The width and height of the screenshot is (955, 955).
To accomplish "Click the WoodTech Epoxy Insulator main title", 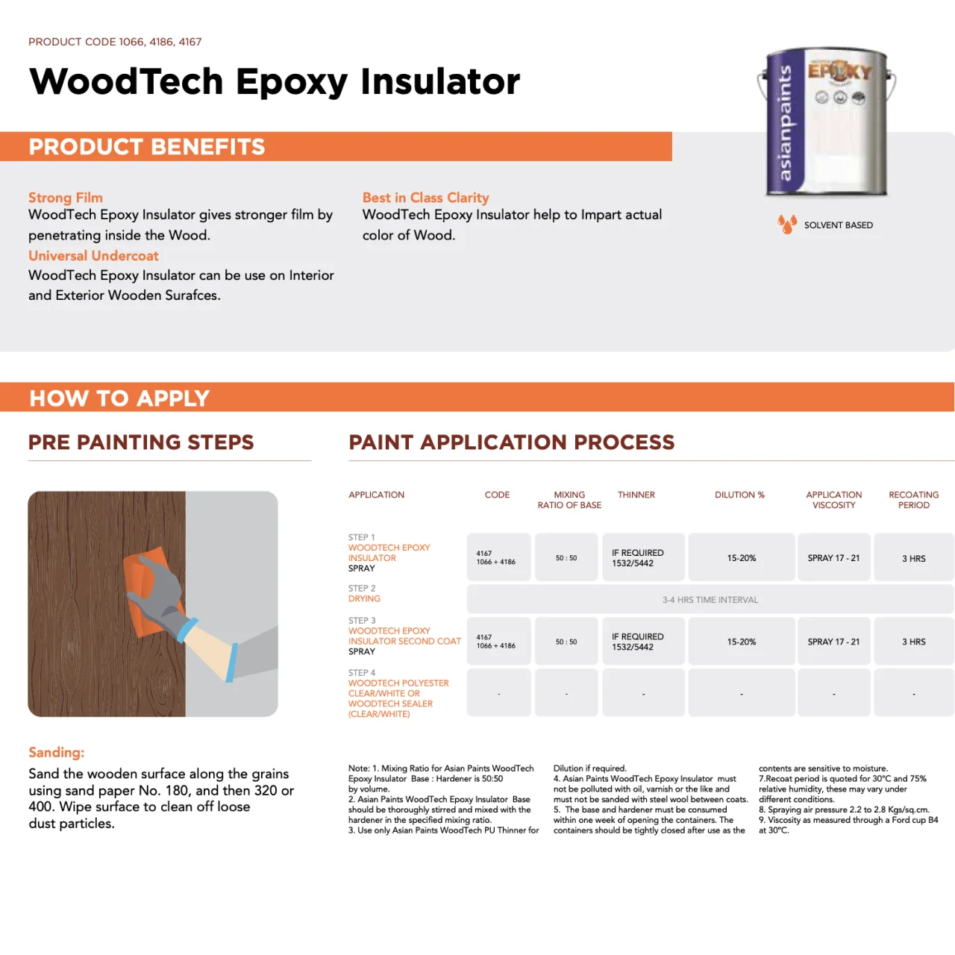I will [x=275, y=82].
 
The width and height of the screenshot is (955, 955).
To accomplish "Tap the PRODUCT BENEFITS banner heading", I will [x=147, y=147].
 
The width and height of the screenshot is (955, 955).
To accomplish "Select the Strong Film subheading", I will [x=66, y=198].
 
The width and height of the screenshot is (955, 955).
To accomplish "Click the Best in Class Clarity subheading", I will [x=425, y=198].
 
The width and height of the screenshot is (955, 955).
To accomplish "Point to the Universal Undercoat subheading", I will [x=93, y=256].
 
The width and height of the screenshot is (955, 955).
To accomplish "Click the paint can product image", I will [x=827, y=123].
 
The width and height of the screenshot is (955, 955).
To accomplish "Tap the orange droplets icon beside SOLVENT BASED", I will [x=786, y=224].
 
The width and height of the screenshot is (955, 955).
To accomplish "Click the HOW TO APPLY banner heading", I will [x=119, y=398].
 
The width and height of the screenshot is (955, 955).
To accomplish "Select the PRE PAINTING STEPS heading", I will [x=141, y=442].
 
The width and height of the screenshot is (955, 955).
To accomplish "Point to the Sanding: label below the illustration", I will [x=57, y=753].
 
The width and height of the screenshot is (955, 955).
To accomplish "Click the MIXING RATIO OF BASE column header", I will [x=569, y=500].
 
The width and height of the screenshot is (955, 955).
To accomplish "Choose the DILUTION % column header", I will [x=739, y=495].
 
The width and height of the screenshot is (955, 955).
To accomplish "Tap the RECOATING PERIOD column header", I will [x=913, y=500].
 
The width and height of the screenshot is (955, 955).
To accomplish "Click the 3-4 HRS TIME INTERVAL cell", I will [x=710, y=600].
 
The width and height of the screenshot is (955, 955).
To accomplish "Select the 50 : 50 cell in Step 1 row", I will [x=566, y=558].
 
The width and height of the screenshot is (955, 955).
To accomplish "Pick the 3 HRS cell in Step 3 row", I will [x=913, y=642].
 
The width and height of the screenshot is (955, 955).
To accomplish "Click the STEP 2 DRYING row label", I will [x=364, y=594].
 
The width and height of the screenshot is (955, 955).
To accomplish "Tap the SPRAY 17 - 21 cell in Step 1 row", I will [x=833, y=558].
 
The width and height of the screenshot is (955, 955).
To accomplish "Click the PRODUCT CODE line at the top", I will [x=115, y=42].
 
